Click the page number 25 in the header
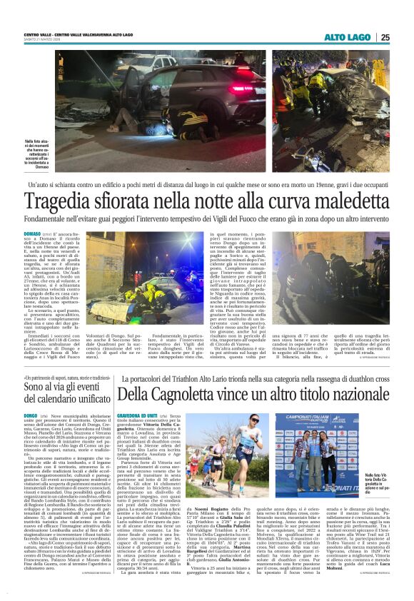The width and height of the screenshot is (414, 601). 385,37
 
